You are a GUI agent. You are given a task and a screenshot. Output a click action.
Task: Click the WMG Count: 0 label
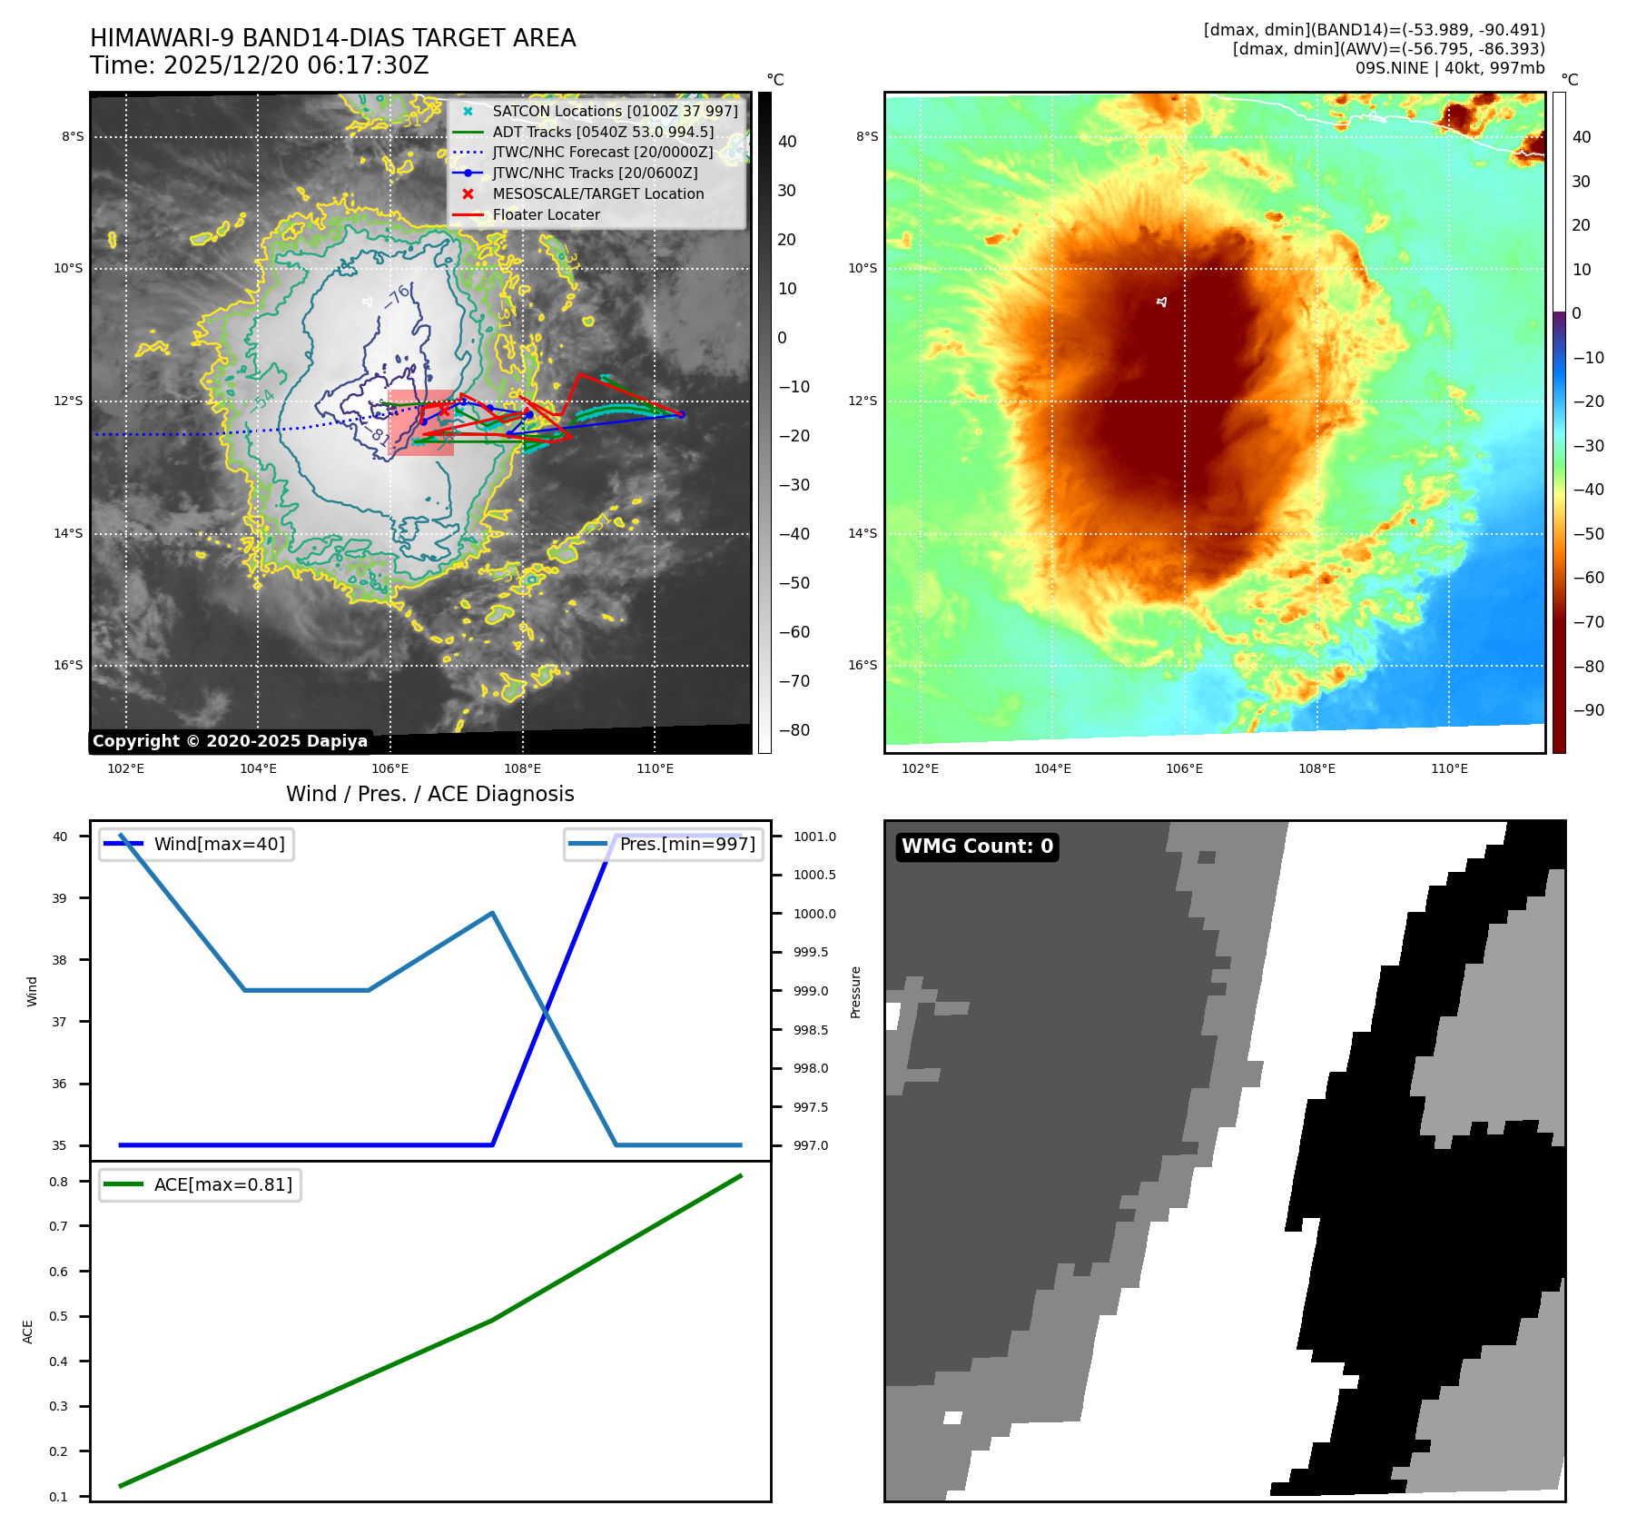977,847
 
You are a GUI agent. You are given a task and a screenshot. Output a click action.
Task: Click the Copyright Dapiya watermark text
230,741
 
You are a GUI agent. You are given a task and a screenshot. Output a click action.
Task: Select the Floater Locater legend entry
546,215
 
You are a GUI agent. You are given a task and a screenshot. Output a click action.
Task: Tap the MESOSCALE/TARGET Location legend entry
597,194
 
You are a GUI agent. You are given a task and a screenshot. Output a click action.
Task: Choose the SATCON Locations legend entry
615,112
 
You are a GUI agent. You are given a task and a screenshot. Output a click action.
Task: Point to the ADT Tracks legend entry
603,133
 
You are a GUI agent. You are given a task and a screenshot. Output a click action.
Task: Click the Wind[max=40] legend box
197,845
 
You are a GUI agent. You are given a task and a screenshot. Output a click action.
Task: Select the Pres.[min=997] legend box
664,845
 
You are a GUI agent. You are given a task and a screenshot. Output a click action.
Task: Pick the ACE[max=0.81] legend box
201,1185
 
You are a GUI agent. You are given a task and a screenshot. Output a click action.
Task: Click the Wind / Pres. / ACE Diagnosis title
430,795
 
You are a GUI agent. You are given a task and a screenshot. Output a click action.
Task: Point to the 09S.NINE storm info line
1449,68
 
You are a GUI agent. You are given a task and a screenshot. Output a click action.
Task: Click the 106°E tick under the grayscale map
390,769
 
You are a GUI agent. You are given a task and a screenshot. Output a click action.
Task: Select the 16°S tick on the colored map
863,666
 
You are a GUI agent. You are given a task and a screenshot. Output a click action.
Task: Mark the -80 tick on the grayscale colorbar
794,730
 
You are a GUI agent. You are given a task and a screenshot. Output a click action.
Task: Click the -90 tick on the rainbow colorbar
1588,710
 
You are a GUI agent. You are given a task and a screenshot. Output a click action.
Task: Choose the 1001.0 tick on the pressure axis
814,837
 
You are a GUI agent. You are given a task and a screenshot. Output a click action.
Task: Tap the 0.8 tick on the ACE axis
59,1182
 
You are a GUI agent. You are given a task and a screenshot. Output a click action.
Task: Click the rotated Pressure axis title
855,992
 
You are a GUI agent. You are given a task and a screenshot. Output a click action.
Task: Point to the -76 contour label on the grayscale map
399,296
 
